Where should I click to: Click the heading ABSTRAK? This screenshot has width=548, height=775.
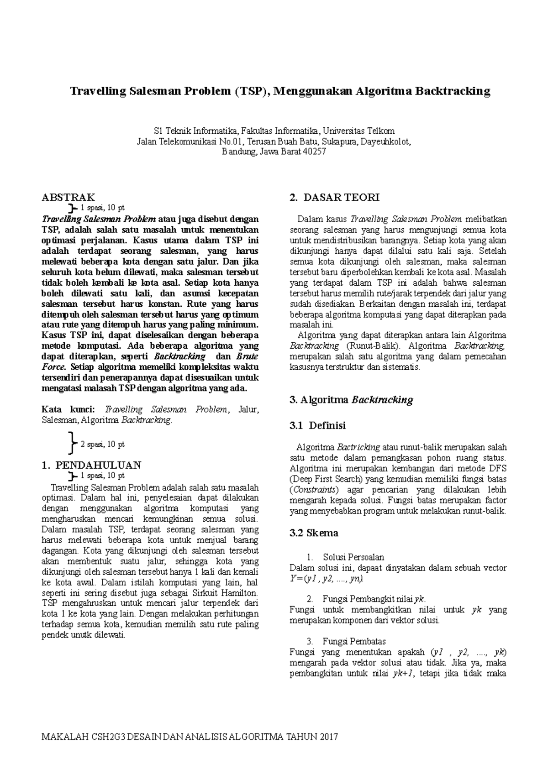[x=68, y=197]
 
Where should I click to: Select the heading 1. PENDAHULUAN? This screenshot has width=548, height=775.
[x=91, y=465]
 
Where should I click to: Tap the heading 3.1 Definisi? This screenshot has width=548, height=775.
[x=318, y=425]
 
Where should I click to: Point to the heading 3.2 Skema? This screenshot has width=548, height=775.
[x=314, y=533]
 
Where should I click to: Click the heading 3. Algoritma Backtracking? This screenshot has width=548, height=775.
[x=351, y=400]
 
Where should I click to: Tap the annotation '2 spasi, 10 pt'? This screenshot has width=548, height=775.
[x=102, y=444]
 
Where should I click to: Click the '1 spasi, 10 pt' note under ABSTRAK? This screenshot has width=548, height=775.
[x=102, y=208]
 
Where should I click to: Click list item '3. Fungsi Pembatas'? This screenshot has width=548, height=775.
[x=347, y=641]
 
